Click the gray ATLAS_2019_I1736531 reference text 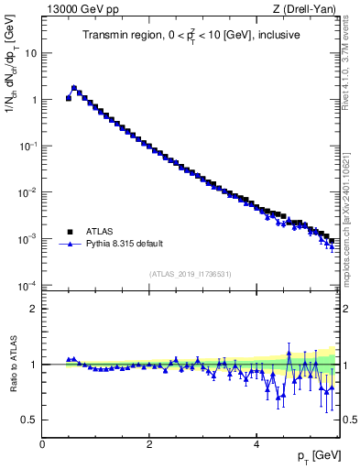[x=191, y=274]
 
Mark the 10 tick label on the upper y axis [x=31, y=53]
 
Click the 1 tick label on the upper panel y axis [x=34, y=100]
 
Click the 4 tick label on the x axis [x=256, y=443]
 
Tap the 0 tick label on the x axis [x=42, y=443]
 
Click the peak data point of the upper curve [x=74, y=88]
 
